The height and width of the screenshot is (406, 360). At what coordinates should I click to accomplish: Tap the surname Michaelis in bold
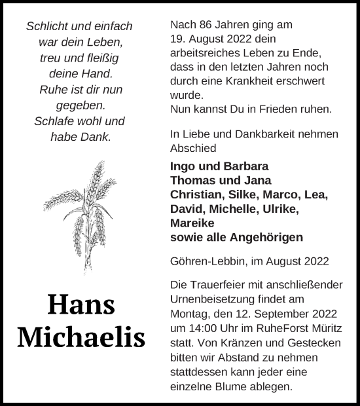point(81,336)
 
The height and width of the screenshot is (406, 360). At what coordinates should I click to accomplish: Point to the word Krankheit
point(253,79)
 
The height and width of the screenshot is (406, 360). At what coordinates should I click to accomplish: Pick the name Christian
point(195,194)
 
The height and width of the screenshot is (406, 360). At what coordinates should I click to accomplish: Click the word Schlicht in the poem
point(47,27)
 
